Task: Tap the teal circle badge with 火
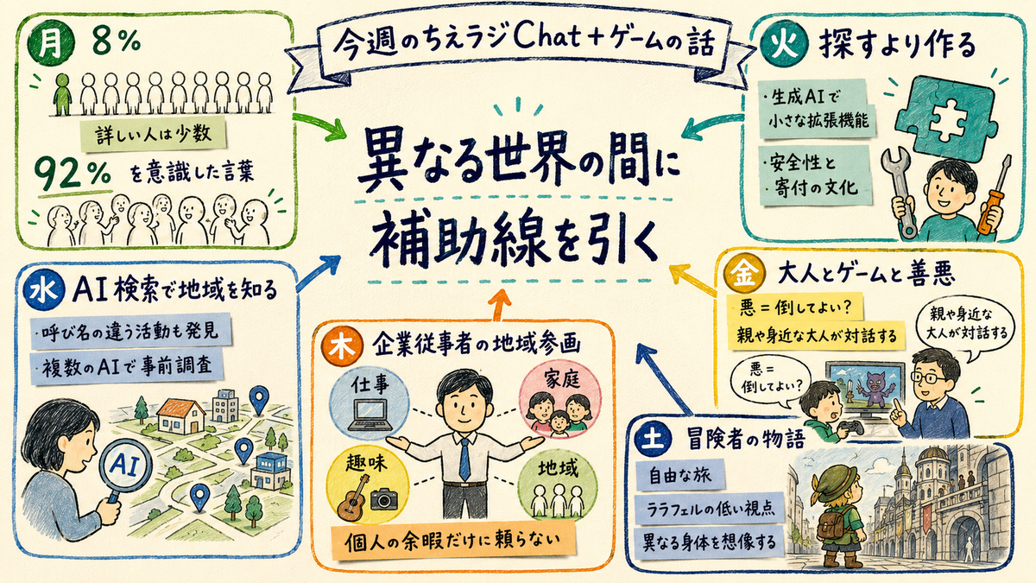[784, 45]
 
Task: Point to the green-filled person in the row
[63, 94]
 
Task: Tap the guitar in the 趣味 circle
[353, 497]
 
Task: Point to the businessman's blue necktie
[464, 459]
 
